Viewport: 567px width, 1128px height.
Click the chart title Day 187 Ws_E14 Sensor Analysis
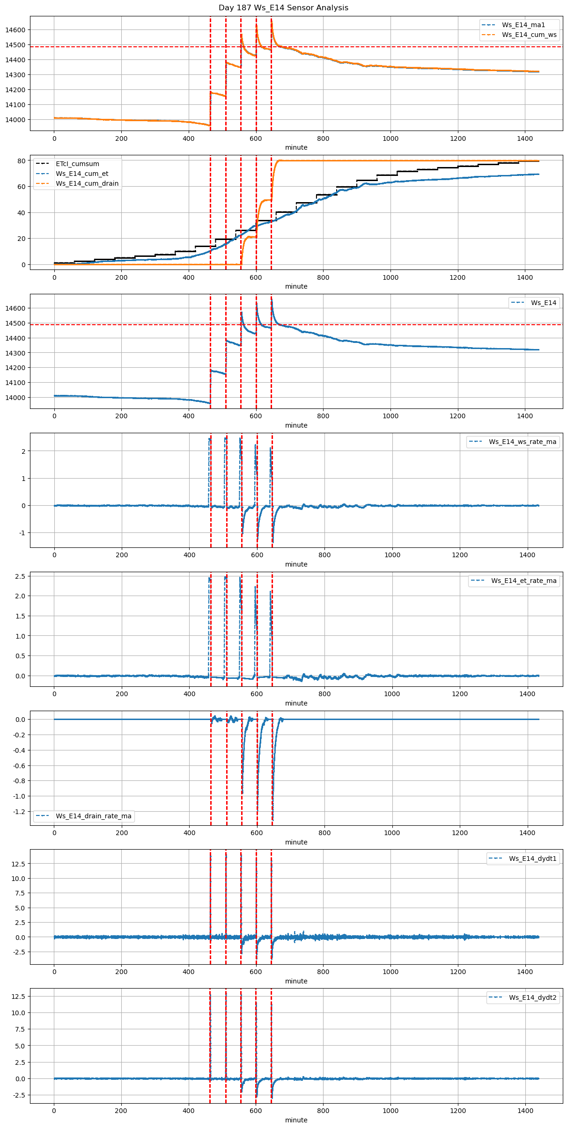click(283, 7)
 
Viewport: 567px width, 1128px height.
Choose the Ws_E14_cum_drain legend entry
click(87, 183)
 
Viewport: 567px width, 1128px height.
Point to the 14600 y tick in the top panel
click(15, 30)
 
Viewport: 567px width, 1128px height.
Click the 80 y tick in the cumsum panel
click(21, 161)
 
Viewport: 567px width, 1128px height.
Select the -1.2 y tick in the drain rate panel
click(19, 812)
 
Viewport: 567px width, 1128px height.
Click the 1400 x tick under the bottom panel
click(525, 1111)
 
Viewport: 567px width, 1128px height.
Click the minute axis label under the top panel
click(296, 147)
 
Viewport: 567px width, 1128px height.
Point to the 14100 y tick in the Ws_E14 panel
click(15, 383)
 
